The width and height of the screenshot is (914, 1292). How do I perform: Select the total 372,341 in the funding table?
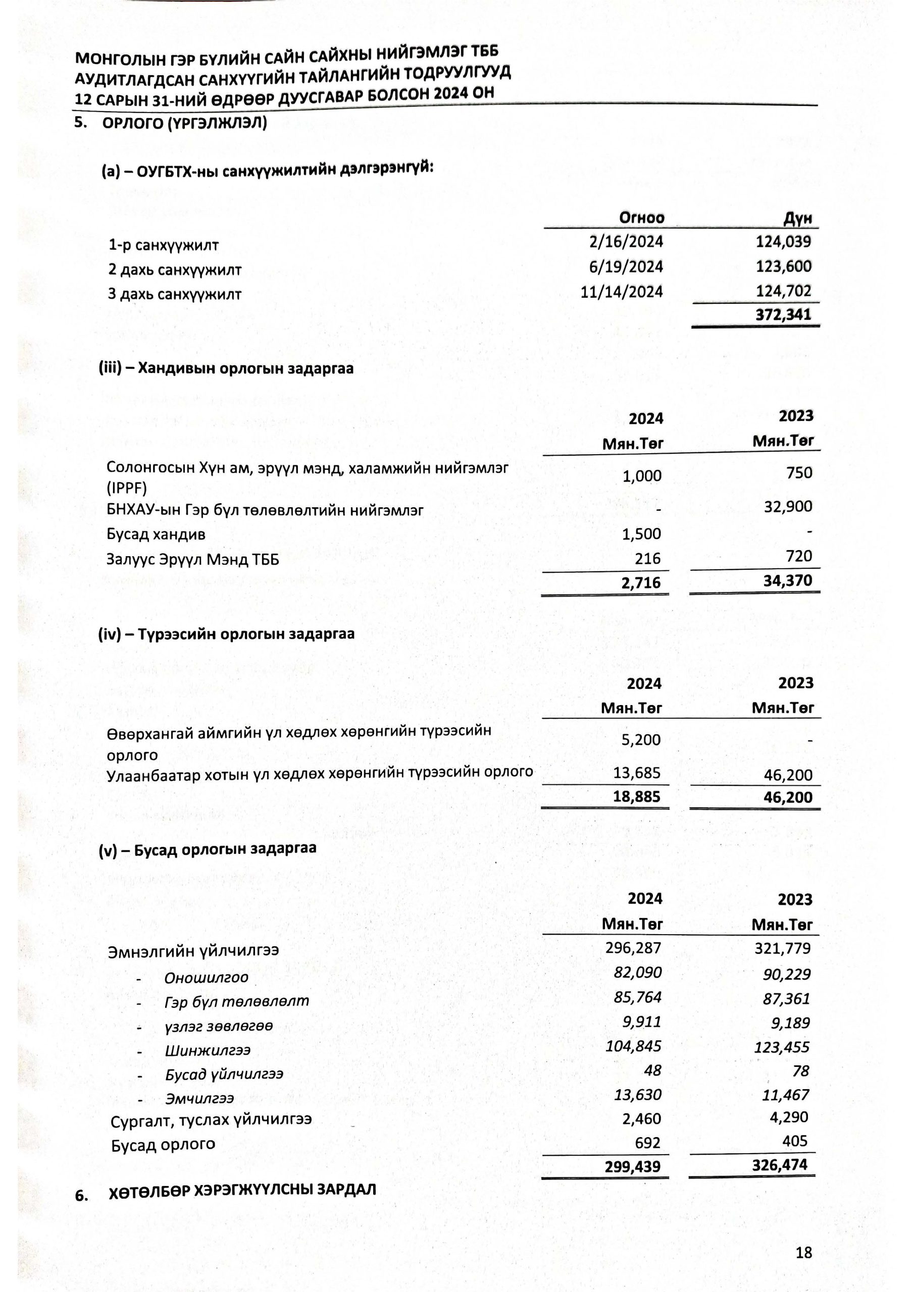[x=783, y=314]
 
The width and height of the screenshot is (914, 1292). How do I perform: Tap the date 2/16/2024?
[x=626, y=242]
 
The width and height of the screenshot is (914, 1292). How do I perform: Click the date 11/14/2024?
[x=622, y=292]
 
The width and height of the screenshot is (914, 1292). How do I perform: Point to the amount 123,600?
[x=783, y=267]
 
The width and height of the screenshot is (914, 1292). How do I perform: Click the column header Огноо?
[x=641, y=218]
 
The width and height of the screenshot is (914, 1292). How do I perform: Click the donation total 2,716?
[x=641, y=583]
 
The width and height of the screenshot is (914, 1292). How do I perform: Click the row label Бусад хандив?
[x=156, y=534]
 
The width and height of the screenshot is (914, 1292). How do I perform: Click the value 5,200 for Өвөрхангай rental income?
[x=640, y=740]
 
